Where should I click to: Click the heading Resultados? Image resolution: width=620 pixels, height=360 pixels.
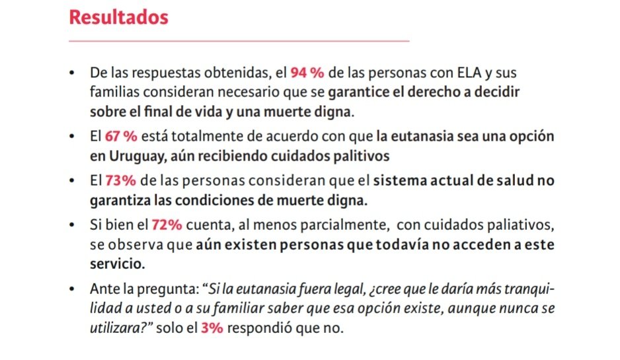pos(118,17)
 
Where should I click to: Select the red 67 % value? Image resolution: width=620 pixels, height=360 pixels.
pos(121,137)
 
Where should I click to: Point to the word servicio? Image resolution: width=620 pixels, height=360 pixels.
pos(117,262)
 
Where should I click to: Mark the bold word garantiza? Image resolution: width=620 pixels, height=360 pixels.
pos(122,200)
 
